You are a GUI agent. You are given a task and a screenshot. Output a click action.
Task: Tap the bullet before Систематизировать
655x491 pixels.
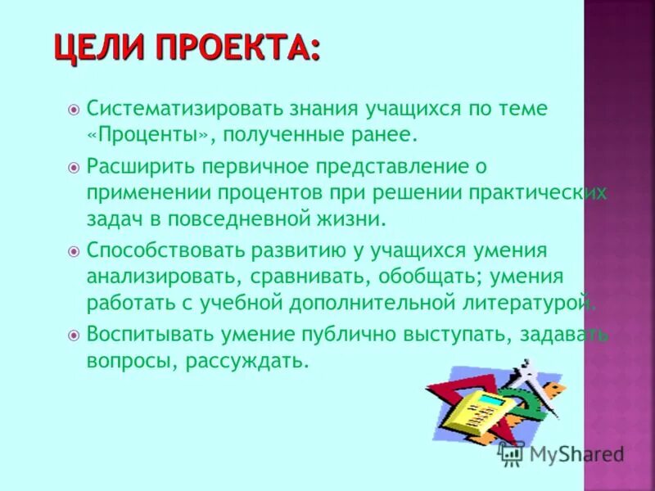tap(73, 109)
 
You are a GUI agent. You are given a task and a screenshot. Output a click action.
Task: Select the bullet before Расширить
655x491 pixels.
tap(73, 168)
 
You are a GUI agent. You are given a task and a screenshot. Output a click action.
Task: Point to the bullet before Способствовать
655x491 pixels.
tap(73, 251)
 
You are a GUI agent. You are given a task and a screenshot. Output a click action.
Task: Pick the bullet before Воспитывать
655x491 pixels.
tap(73, 335)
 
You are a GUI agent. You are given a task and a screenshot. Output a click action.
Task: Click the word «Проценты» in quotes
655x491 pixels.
tap(135, 133)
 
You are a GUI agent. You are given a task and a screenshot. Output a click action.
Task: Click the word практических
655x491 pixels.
tap(540, 194)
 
